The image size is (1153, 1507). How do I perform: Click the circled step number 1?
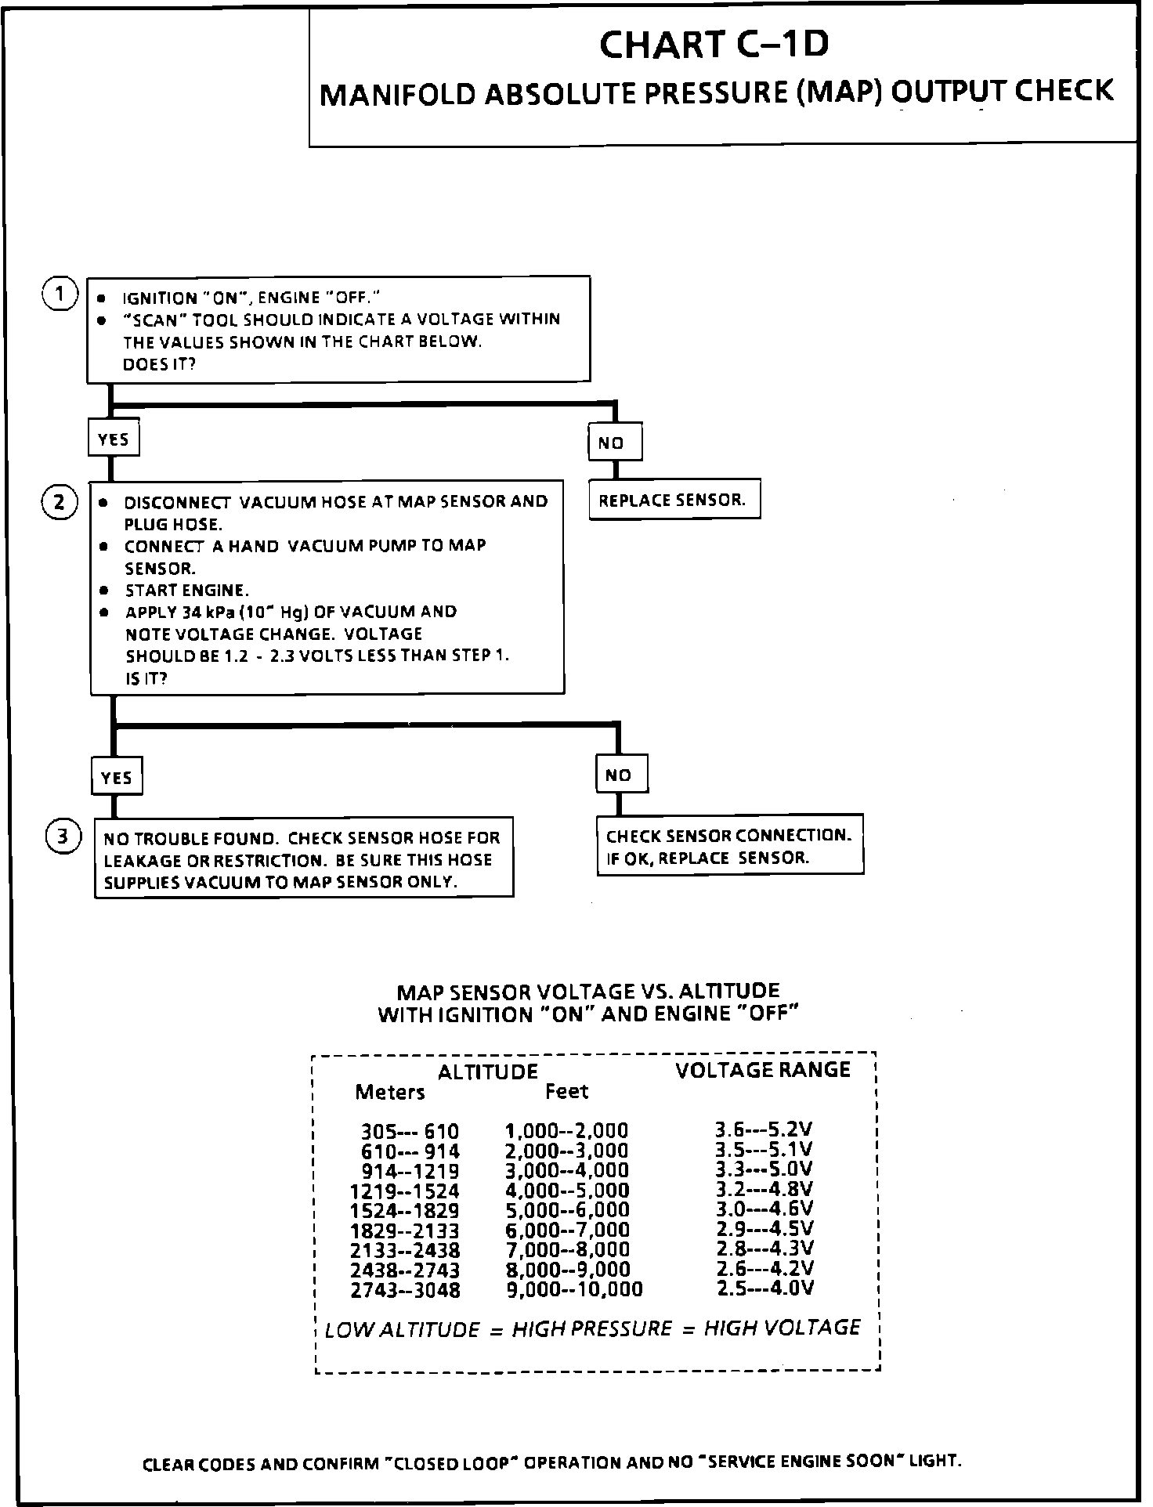[x=60, y=295]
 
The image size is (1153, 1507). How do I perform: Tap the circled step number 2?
[x=60, y=502]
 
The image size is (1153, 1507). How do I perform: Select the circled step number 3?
[x=63, y=837]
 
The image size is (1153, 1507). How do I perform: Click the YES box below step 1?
[x=114, y=439]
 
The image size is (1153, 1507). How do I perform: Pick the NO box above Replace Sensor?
[x=615, y=443]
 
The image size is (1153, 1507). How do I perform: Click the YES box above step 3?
[x=117, y=777]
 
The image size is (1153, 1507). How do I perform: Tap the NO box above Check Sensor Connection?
[x=621, y=775]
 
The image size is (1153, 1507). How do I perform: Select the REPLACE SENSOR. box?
[x=674, y=500]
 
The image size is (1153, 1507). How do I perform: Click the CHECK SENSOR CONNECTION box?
[x=729, y=846]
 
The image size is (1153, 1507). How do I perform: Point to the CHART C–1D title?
[x=714, y=45]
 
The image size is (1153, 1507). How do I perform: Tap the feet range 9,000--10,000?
[x=574, y=1289]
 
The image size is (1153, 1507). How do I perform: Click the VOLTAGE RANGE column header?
[x=762, y=1070]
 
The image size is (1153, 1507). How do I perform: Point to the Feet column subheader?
[x=566, y=1091]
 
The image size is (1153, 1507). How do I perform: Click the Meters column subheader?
[x=390, y=1092]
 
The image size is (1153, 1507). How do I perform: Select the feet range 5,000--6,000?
[x=567, y=1210]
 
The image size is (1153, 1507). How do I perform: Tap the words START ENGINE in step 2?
[x=187, y=591]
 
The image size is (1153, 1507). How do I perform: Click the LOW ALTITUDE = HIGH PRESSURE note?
[x=592, y=1329]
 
